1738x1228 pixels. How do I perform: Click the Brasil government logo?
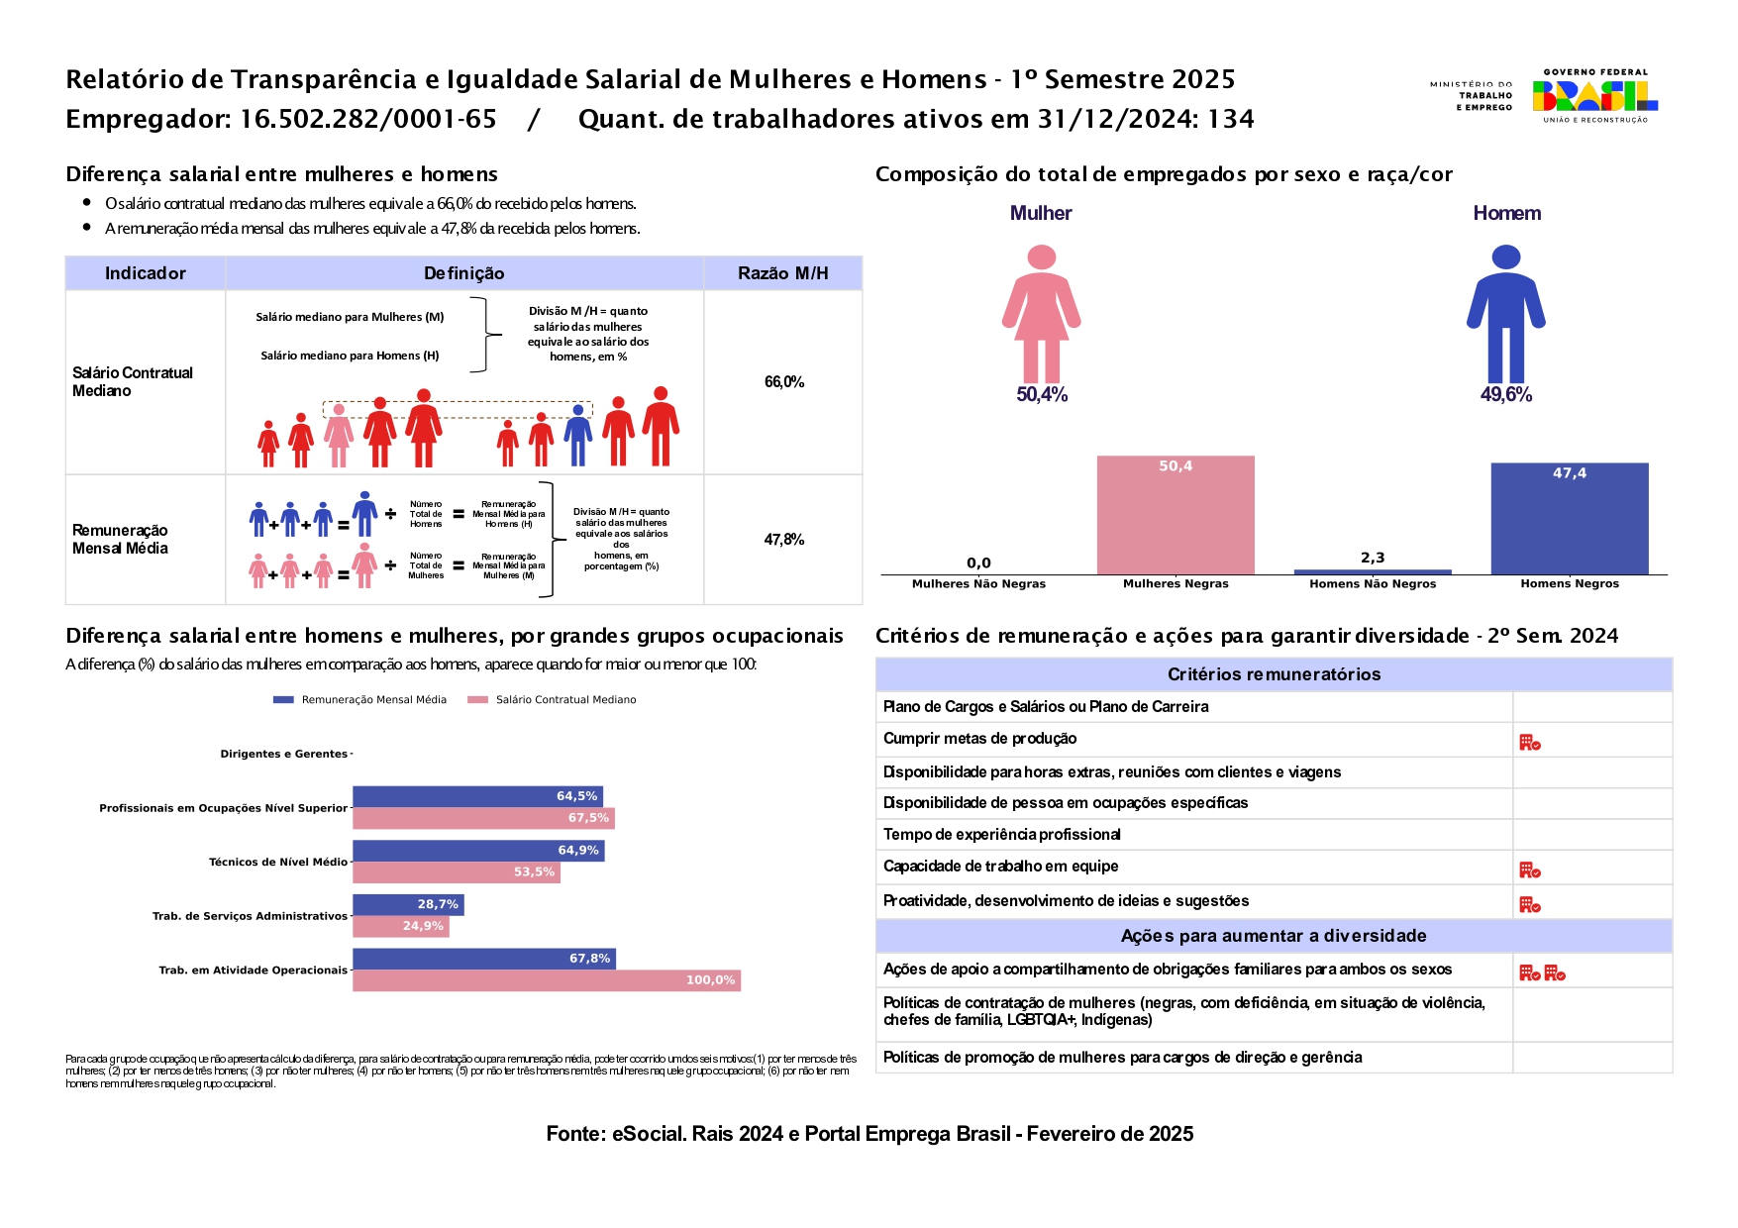[1594, 95]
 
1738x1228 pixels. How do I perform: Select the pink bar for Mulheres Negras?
[1176, 515]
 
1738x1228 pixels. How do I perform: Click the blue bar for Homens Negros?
[1570, 518]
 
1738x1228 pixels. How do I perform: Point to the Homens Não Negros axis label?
[1373, 584]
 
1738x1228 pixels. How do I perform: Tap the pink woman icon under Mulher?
[1041, 314]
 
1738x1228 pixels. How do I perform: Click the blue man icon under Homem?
[1505, 314]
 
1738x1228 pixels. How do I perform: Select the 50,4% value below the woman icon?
[1042, 394]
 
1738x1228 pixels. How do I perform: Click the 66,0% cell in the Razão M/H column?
[783, 382]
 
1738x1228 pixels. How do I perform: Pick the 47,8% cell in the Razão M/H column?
[783, 540]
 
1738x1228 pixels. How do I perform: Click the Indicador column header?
[146, 273]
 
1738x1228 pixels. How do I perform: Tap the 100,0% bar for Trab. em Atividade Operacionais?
[546, 980]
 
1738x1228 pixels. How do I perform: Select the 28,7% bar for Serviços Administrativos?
[408, 904]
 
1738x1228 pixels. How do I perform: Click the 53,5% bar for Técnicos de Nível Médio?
[456, 872]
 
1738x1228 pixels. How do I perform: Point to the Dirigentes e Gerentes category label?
[283, 754]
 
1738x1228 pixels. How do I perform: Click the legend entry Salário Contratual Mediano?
[565, 700]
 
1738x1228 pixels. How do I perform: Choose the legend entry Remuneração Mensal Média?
[373, 700]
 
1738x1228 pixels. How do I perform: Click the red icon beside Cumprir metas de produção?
[1530, 742]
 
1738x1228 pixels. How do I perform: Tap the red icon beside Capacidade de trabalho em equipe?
[1530, 870]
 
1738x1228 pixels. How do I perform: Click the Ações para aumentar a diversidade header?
[1274, 936]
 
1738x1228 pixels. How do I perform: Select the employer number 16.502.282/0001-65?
[367, 119]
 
